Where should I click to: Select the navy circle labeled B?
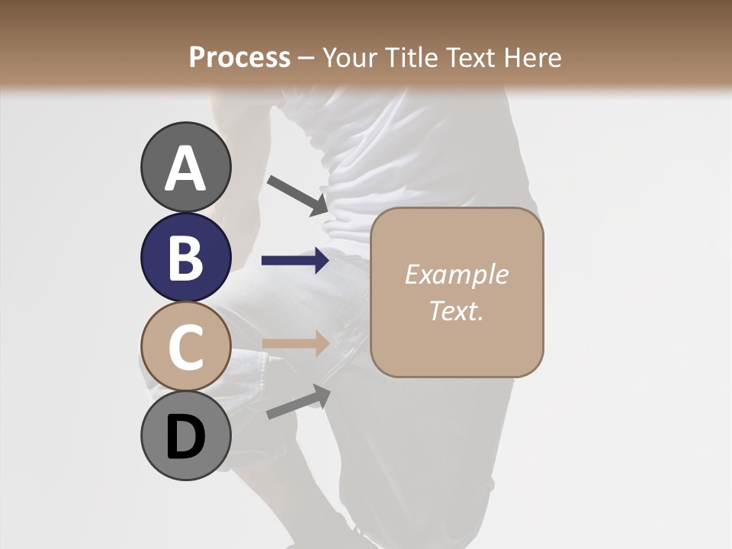(x=185, y=257)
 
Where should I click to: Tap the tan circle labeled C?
(x=185, y=347)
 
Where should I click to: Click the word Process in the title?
(x=239, y=57)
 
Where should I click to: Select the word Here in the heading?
(x=533, y=57)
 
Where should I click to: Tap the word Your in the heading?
(x=348, y=57)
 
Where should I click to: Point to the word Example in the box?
(x=456, y=274)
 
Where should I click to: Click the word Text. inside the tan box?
(x=456, y=310)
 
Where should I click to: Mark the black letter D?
(x=185, y=438)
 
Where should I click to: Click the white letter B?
(x=185, y=258)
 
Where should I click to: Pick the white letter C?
(x=185, y=348)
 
